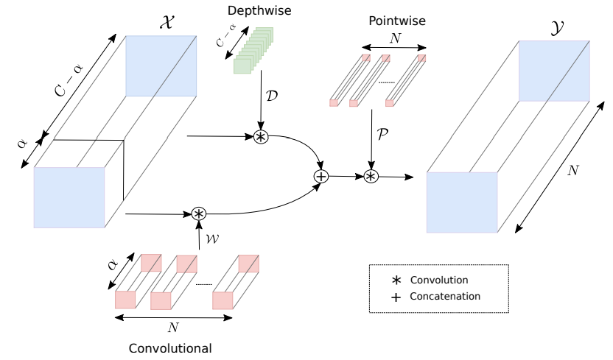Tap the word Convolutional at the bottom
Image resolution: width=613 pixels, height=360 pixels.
pos(170,347)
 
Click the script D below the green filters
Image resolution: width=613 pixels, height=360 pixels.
pos(273,96)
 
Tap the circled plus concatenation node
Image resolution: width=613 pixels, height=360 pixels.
pos(320,176)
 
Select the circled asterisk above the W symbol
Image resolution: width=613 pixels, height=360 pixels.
pos(198,213)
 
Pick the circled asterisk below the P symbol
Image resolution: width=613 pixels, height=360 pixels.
pos(371,176)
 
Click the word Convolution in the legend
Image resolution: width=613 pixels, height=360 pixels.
pos(439,280)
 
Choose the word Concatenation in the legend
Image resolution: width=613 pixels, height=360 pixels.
pos(445,297)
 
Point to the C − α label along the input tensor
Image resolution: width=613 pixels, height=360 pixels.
pos(69,81)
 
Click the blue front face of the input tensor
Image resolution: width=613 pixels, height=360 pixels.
pos(69,197)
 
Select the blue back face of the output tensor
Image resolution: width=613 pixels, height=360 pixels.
pos(554,71)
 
